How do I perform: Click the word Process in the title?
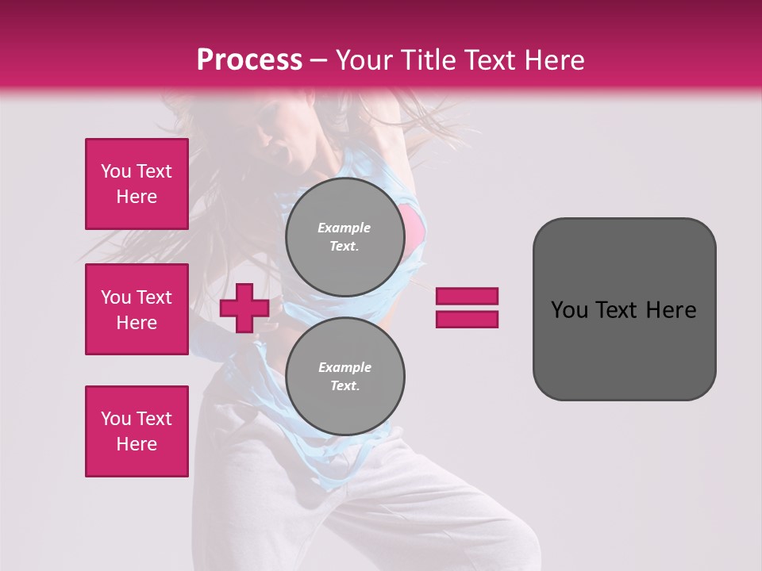(x=249, y=60)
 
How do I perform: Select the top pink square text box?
(x=137, y=184)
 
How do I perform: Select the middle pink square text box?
(x=137, y=309)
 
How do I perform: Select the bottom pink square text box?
(x=137, y=431)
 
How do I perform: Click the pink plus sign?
(x=244, y=308)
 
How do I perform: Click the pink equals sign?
(x=467, y=308)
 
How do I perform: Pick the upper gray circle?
(x=344, y=237)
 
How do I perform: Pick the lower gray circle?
(x=344, y=377)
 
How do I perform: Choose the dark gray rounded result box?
(x=624, y=309)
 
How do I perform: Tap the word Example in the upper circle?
(x=344, y=228)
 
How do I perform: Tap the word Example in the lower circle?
(x=344, y=367)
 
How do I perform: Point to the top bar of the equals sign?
(x=467, y=296)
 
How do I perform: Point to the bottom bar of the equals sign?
(x=467, y=319)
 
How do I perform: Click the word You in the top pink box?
(x=116, y=171)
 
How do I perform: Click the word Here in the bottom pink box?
(x=137, y=444)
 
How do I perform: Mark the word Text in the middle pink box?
(x=154, y=297)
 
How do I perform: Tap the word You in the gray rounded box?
(x=569, y=310)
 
